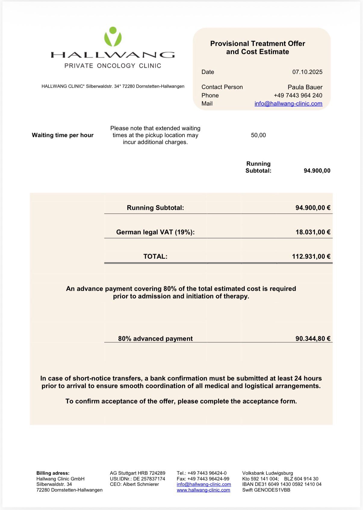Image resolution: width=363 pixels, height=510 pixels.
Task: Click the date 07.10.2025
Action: pyautogui.click(x=307, y=72)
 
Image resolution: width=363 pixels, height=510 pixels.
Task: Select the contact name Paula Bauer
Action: pyautogui.click(x=305, y=87)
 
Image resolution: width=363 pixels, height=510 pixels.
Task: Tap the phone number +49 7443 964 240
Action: pyautogui.click(x=298, y=95)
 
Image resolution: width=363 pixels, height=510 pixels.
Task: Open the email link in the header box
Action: pyautogui.click(x=288, y=104)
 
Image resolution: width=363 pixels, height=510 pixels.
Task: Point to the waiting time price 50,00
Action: pyautogui.click(x=258, y=135)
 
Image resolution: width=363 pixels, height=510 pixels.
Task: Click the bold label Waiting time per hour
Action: pyautogui.click(x=63, y=135)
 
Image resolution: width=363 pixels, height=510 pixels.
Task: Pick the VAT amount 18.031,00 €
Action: pyautogui.click(x=313, y=232)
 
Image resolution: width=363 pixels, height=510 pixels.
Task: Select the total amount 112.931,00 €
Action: pyautogui.click(x=311, y=256)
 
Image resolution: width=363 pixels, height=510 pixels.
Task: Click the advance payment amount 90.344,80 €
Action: pyautogui.click(x=313, y=338)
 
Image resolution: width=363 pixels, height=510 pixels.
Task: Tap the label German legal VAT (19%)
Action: pyautogui.click(x=155, y=232)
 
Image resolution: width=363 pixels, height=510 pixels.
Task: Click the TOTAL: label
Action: pyautogui.click(x=155, y=256)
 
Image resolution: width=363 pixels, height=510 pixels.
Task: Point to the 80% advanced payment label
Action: pyautogui.click(x=155, y=338)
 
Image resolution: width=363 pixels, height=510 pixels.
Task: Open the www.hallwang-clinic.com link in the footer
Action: pyautogui.click(x=203, y=490)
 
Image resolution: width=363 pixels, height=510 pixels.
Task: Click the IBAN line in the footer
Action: pyautogui.click(x=282, y=484)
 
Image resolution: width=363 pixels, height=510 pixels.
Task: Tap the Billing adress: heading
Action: pyautogui.click(x=53, y=473)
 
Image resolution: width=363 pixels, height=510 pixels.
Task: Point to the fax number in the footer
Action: pyautogui.click(x=203, y=479)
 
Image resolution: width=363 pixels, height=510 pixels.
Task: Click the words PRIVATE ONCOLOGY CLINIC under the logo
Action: pyautogui.click(x=113, y=66)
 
